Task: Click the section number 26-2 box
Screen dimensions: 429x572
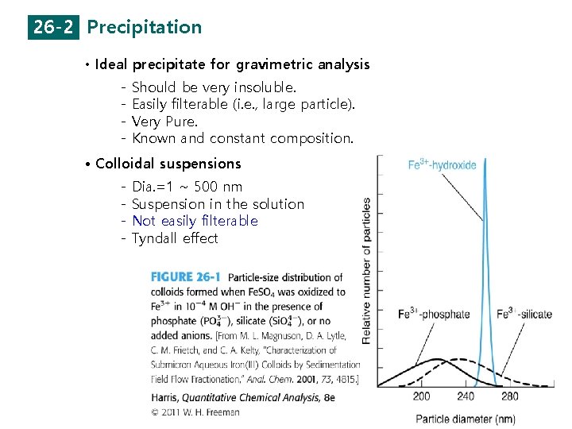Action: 55,27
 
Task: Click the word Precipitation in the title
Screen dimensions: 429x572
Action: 145,27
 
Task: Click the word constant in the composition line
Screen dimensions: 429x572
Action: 237,138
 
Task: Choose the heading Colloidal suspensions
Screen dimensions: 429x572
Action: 168,164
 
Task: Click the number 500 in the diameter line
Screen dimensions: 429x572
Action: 206,187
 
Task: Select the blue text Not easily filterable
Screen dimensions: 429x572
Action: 195,221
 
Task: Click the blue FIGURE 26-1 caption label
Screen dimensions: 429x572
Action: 186,277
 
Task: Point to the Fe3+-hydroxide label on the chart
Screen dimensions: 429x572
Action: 443,165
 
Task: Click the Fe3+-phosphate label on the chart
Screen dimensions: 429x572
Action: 435,314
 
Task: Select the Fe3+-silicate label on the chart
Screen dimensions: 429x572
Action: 524,314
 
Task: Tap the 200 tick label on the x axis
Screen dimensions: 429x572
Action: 421,396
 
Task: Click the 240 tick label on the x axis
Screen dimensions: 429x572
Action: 466,396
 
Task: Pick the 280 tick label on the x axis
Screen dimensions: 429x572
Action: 509,396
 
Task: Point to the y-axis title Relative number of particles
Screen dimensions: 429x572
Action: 366,270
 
